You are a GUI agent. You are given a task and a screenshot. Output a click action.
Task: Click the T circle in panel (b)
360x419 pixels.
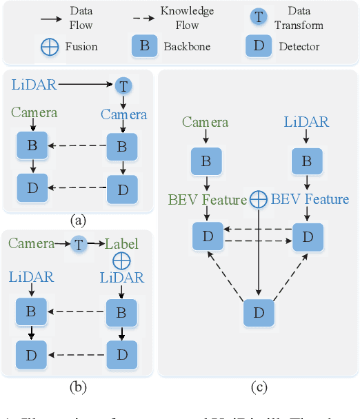tap(77, 243)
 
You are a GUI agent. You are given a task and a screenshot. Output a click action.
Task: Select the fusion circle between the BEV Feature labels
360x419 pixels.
tap(258, 199)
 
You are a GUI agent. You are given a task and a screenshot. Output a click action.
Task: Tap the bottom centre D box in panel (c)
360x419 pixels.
tap(259, 311)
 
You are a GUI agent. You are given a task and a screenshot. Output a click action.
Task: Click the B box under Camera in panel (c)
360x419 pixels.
tap(206, 161)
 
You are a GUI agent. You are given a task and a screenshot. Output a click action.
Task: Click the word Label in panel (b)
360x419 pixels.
tap(121, 243)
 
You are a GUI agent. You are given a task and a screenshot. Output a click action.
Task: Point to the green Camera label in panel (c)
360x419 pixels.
tap(206, 122)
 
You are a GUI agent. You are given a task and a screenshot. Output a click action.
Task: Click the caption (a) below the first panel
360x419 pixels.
tap(77, 220)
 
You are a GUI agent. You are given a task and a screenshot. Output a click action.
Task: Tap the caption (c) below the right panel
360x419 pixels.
tap(258, 387)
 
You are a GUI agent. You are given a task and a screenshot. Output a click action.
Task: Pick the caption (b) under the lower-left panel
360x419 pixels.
tap(77, 387)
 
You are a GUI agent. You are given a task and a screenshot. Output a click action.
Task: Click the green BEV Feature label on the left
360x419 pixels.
tap(206, 200)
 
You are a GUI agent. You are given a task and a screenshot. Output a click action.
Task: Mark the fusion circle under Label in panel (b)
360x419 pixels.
tap(121, 260)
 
